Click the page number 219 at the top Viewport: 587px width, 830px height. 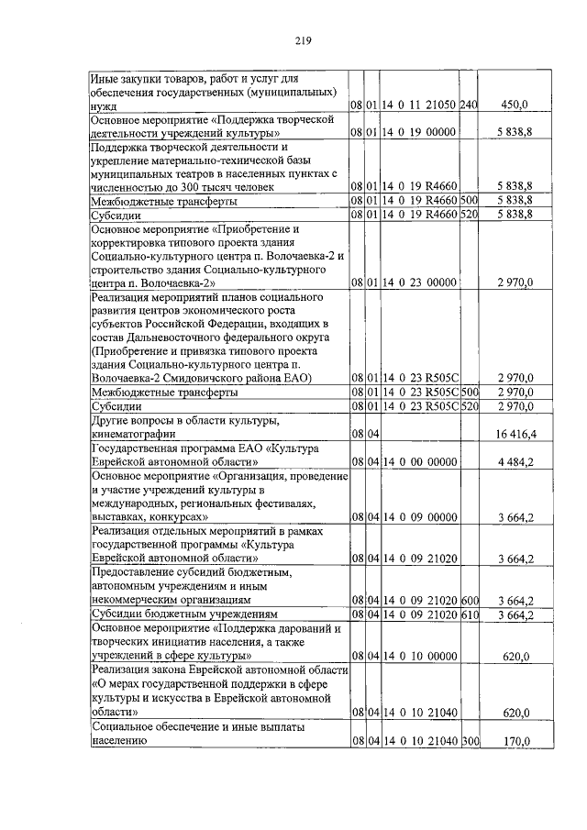305,39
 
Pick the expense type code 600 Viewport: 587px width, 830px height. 469,600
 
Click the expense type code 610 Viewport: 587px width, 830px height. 469,614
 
